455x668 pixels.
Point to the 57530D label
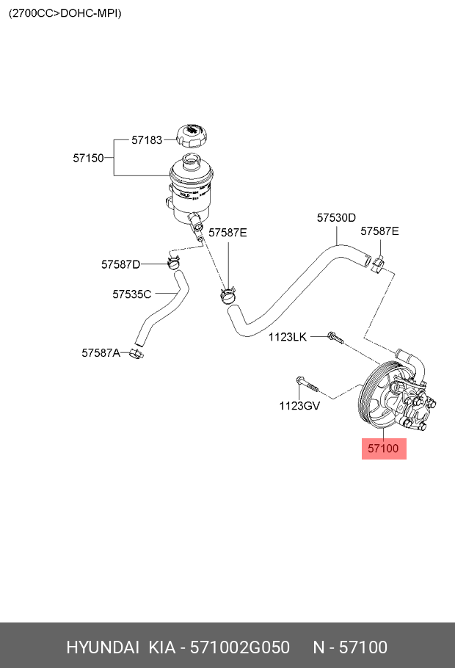coord(336,217)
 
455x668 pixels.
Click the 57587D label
coord(120,264)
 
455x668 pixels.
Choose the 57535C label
coord(132,294)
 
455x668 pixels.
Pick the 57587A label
coord(101,352)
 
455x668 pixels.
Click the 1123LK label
coord(287,337)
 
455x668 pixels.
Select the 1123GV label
coord(299,405)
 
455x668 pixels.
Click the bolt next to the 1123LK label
coord(335,338)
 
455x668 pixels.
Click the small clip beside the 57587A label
coord(136,354)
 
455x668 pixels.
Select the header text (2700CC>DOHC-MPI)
coord(65,13)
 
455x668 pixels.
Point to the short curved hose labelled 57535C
coord(161,309)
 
